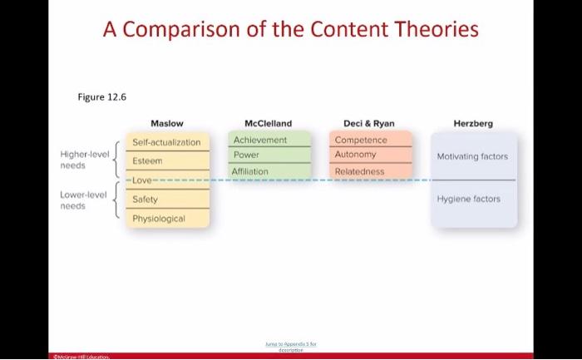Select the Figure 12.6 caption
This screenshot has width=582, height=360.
pos(101,96)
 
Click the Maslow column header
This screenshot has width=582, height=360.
pos(167,123)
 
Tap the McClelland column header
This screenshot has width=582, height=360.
pos(268,123)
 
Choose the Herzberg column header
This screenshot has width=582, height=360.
pos(472,123)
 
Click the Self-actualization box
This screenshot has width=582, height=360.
pos(166,142)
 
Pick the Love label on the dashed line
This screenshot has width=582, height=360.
pos(141,180)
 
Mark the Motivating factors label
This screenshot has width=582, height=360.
pos(472,156)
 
